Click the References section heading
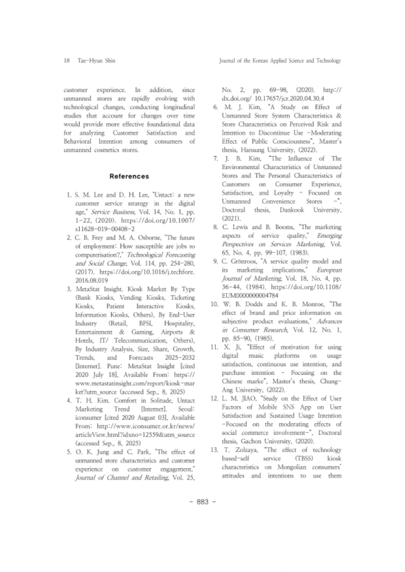point(129,176)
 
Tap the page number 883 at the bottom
point(202,502)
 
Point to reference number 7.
point(216,159)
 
